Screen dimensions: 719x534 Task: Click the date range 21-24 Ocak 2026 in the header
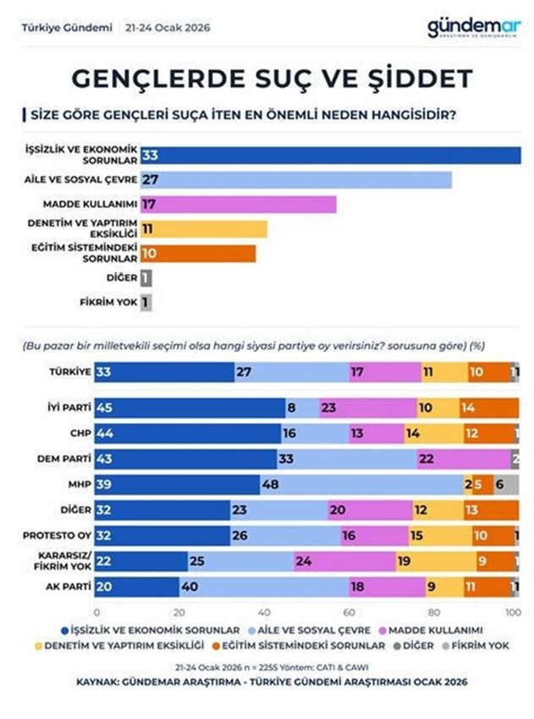click(x=169, y=28)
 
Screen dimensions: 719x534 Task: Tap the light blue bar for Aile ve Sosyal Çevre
click(x=296, y=179)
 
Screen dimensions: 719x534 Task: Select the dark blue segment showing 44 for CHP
click(x=187, y=433)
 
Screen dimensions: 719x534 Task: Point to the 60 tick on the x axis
click(x=349, y=612)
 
